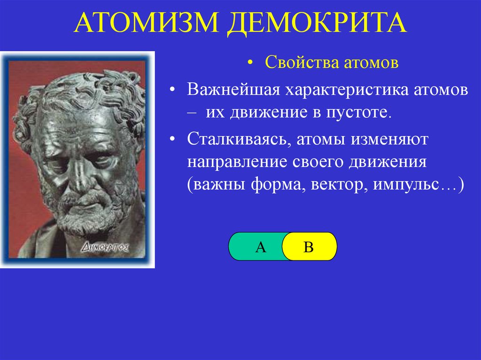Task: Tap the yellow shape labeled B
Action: [x=310, y=246]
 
